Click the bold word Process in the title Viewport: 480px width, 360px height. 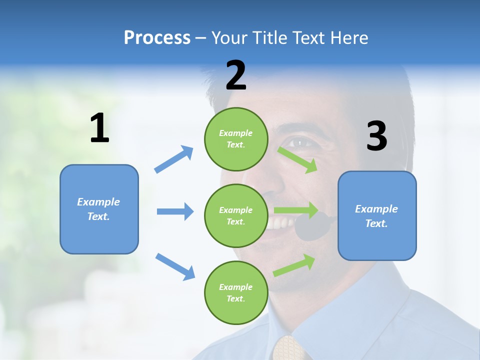point(157,38)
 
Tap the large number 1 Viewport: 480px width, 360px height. point(99,128)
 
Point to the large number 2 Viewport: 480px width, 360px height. point(236,75)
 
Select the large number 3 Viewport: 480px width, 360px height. point(376,136)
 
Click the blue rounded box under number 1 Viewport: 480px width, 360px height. point(99,209)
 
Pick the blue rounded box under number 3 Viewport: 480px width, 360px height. point(377,215)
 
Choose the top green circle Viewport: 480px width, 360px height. point(236,139)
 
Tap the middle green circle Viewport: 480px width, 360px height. point(236,215)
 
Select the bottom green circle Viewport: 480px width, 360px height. point(236,292)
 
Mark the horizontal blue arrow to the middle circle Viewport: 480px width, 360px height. point(175,211)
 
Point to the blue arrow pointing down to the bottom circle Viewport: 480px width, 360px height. point(175,266)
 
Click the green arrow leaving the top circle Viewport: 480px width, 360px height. point(297,159)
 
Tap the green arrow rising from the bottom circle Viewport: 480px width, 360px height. point(294,265)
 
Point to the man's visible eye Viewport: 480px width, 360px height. point(302,142)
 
